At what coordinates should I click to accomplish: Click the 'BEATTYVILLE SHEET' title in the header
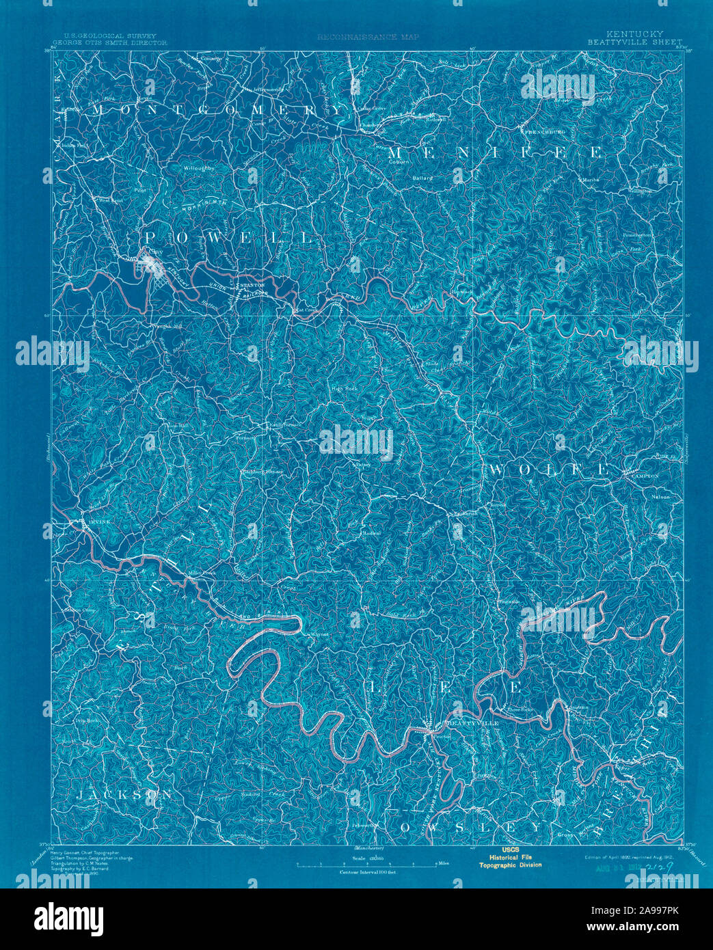(x=634, y=41)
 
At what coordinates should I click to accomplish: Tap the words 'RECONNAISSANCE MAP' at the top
(x=368, y=37)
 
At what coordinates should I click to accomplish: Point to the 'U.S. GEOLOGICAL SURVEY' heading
(x=110, y=36)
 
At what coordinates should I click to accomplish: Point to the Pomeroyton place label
(x=638, y=234)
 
